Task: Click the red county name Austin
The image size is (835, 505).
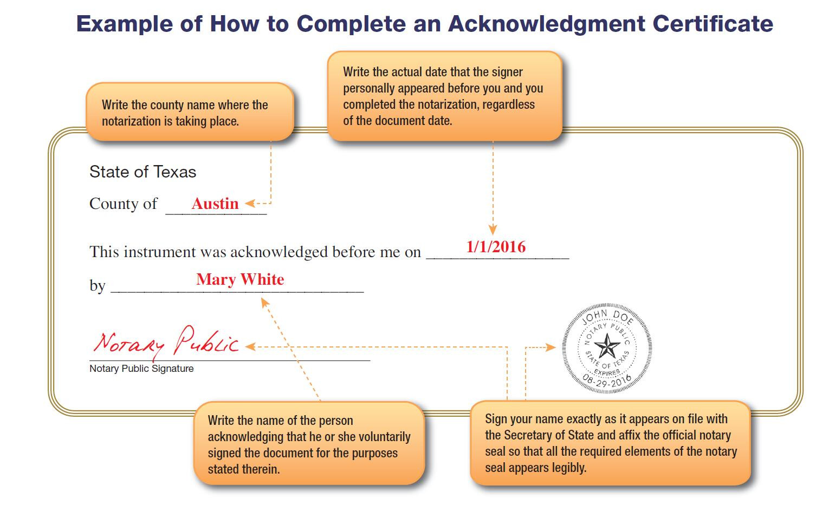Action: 215,204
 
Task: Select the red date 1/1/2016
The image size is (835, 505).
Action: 496,247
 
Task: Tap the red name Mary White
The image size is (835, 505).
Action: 240,279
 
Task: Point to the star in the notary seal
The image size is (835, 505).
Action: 607,346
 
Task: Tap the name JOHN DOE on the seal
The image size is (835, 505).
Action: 607,316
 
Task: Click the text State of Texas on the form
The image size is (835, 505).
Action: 143,172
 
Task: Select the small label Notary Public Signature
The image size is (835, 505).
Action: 141,369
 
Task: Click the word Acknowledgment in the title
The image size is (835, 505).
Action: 547,24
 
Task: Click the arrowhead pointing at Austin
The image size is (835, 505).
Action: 249,204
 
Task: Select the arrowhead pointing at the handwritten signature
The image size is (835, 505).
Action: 250,346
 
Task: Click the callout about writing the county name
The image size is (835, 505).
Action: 190,113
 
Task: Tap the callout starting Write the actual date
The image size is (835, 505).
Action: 444,96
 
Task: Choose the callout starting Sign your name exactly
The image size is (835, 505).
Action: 610,443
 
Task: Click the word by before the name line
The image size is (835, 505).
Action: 97,286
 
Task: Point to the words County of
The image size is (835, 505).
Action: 123,204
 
